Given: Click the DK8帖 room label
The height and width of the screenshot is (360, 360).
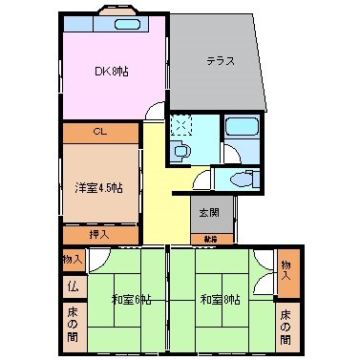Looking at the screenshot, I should pos(112,70).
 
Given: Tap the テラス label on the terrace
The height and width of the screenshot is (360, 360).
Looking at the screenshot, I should pos(221,61).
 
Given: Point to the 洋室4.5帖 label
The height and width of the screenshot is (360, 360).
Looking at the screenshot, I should pos(98,188).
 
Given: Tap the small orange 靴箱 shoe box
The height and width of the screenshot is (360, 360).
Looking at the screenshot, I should pos(209,238).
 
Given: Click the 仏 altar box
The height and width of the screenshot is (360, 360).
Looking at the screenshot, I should pos(73,286).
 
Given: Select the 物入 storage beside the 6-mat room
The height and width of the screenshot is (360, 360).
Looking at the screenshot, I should pos(73,260).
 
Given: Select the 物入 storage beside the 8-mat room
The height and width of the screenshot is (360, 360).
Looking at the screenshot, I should pos(286,265).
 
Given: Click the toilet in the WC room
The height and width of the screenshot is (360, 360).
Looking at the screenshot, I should pos(244,179).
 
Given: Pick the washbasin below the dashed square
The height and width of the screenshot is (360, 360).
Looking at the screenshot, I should pos(180,150).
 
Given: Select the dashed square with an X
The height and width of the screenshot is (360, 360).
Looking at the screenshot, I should pos(180,125).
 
